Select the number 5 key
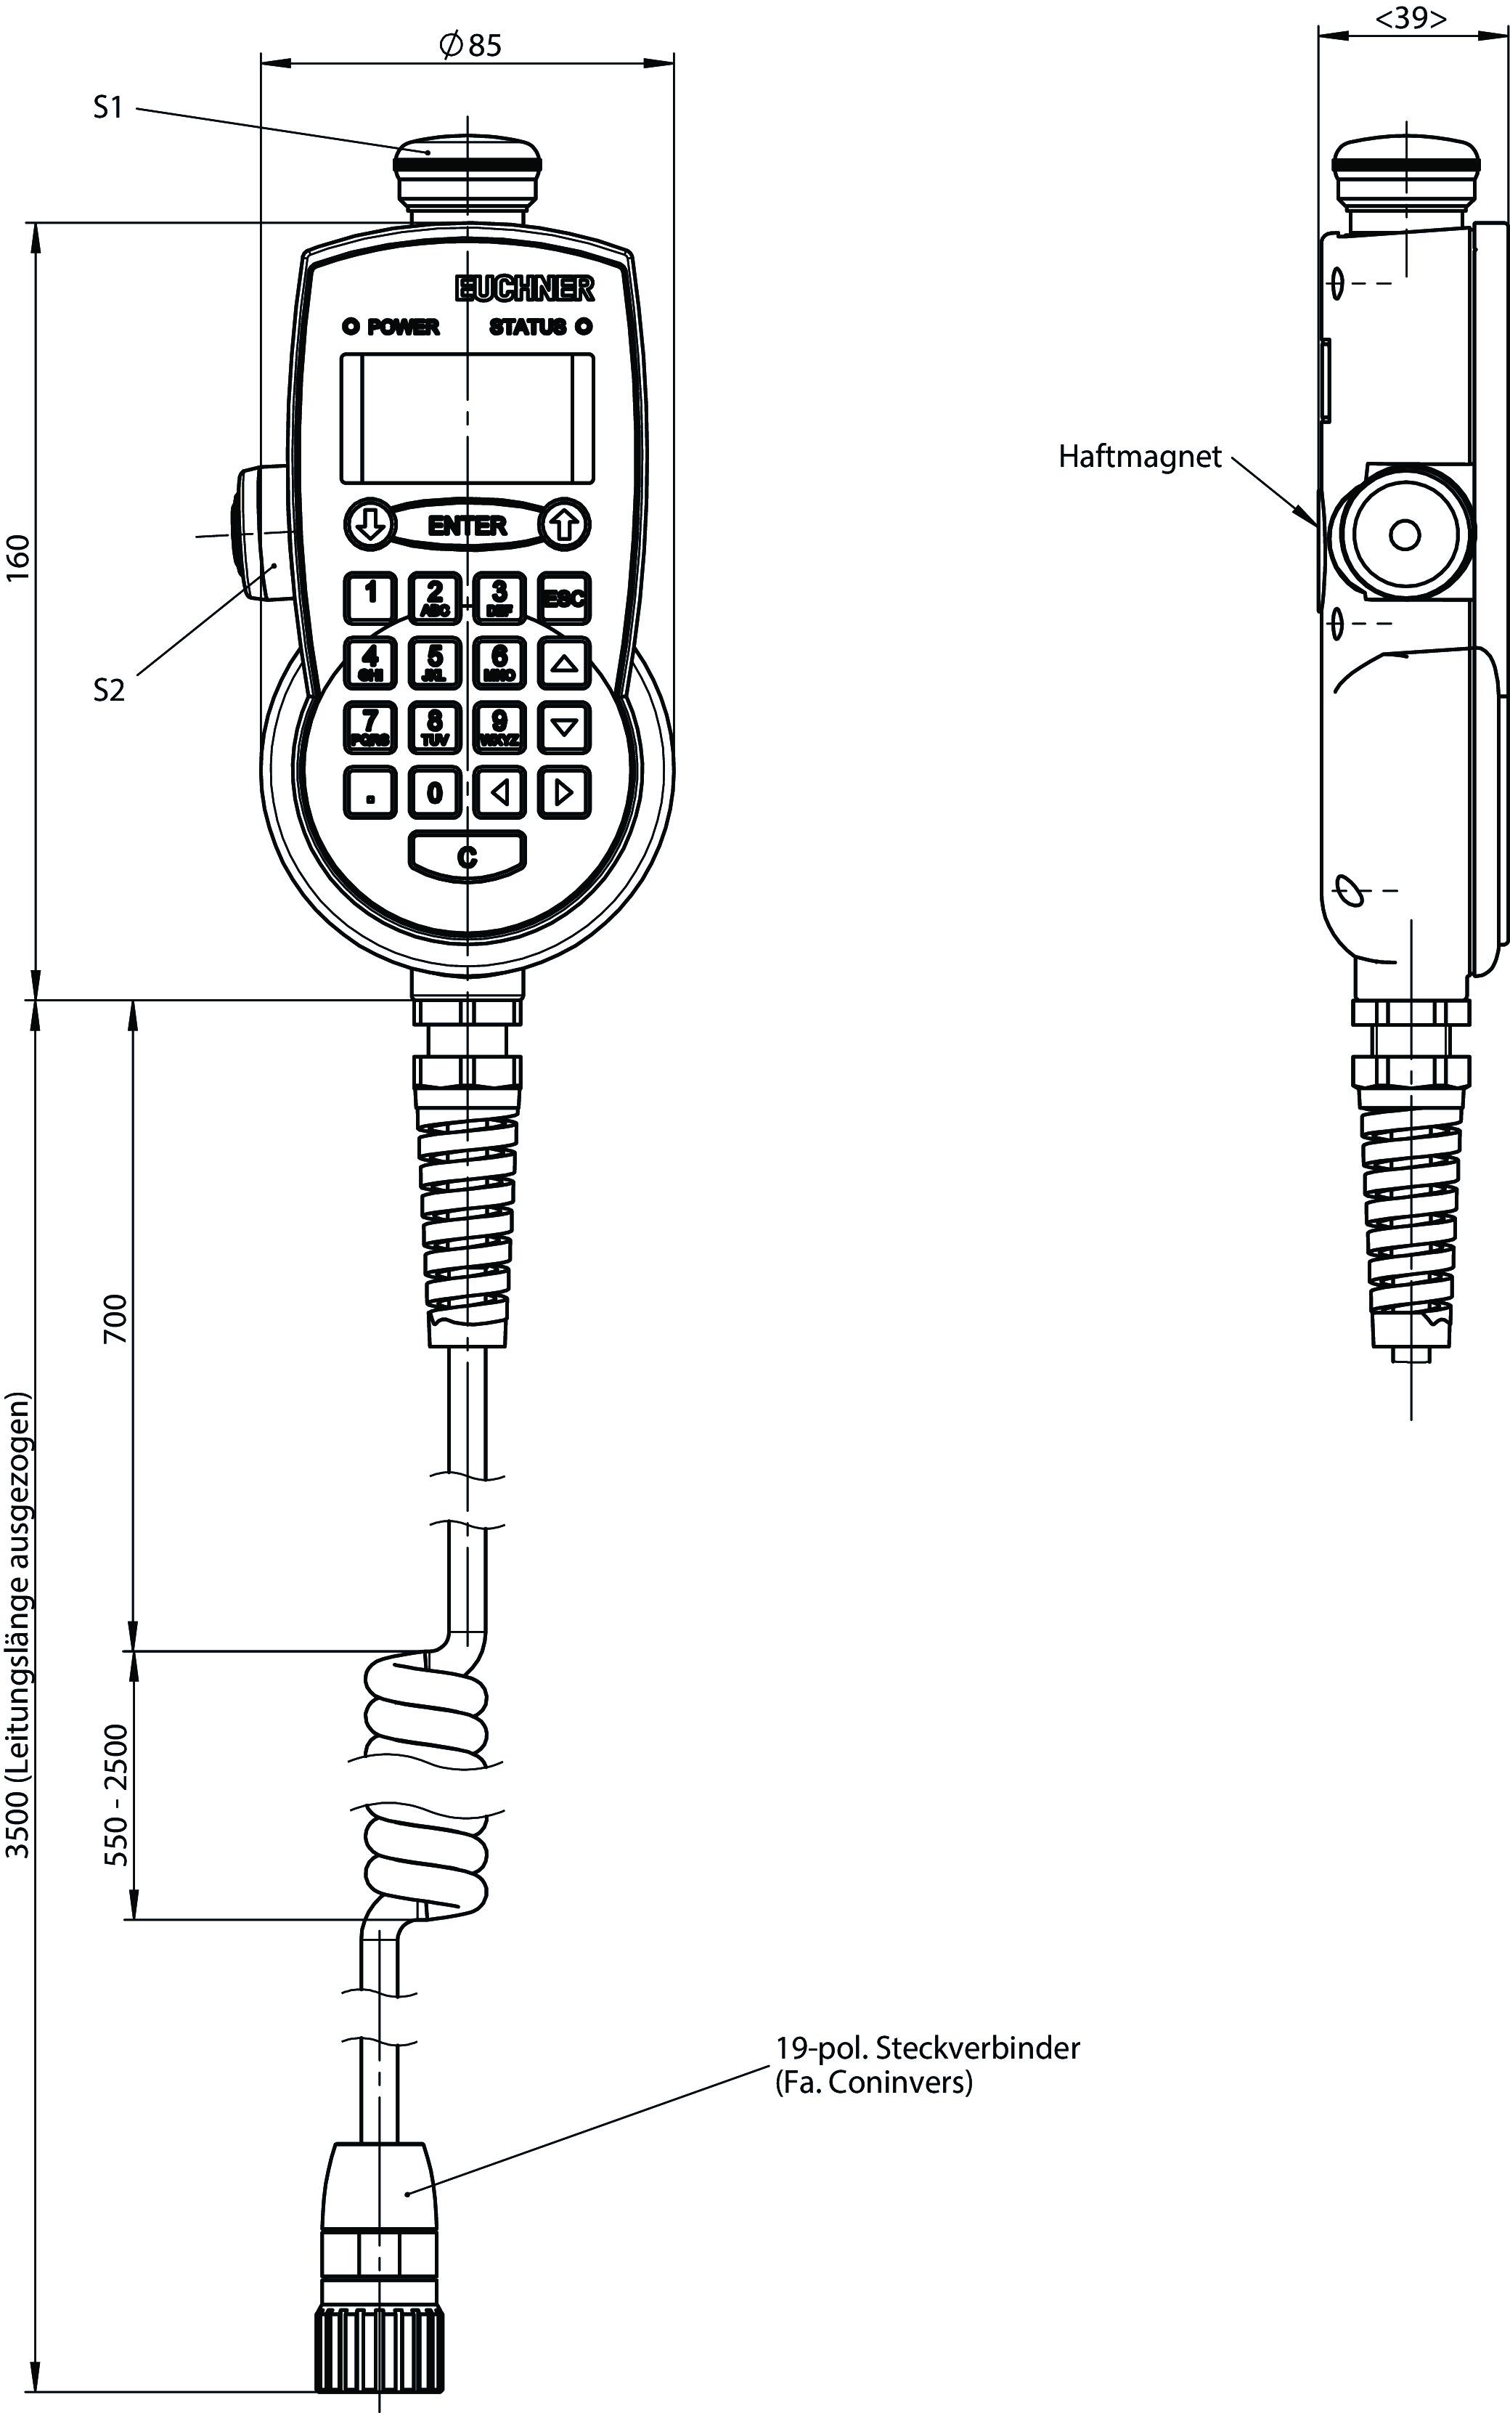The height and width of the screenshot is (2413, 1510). pos(434,662)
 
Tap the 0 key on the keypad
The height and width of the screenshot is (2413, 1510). pos(434,792)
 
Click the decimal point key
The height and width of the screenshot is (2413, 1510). pos(370,792)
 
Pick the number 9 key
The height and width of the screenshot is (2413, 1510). pos(499,727)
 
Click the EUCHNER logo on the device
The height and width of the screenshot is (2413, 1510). pos(524,288)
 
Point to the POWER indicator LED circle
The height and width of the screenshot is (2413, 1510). pos(351,327)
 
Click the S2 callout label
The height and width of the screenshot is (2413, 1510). pos(109,690)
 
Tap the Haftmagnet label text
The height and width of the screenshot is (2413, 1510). pos(1140,457)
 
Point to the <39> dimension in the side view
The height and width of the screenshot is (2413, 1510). pos(1411,19)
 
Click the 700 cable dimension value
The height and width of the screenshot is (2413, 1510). pos(117,1319)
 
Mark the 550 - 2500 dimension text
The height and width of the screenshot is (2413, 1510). pos(117,1795)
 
